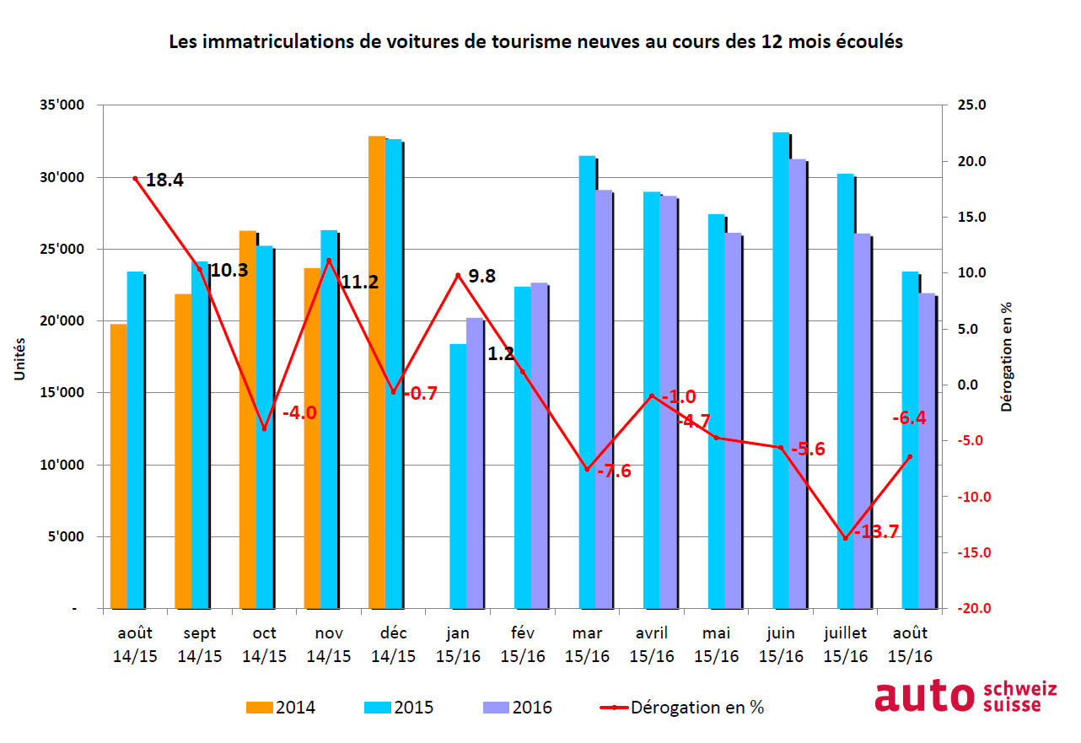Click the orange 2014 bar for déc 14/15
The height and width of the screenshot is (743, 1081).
click(x=376, y=371)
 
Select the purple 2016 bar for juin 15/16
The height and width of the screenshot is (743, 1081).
click(x=797, y=384)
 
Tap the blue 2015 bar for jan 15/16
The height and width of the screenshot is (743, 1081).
click(x=458, y=476)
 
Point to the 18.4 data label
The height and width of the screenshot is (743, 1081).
click(x=164, y=180)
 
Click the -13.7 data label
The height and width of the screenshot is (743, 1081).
click(x=877, y=532)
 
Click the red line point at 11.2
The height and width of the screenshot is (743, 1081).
click(x=329, y=260)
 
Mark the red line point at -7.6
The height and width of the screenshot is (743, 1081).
click(x=588, y=470)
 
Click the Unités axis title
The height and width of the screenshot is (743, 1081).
click(x=19, y=358)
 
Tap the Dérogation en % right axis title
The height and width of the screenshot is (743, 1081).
click(x=1006, y=357)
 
